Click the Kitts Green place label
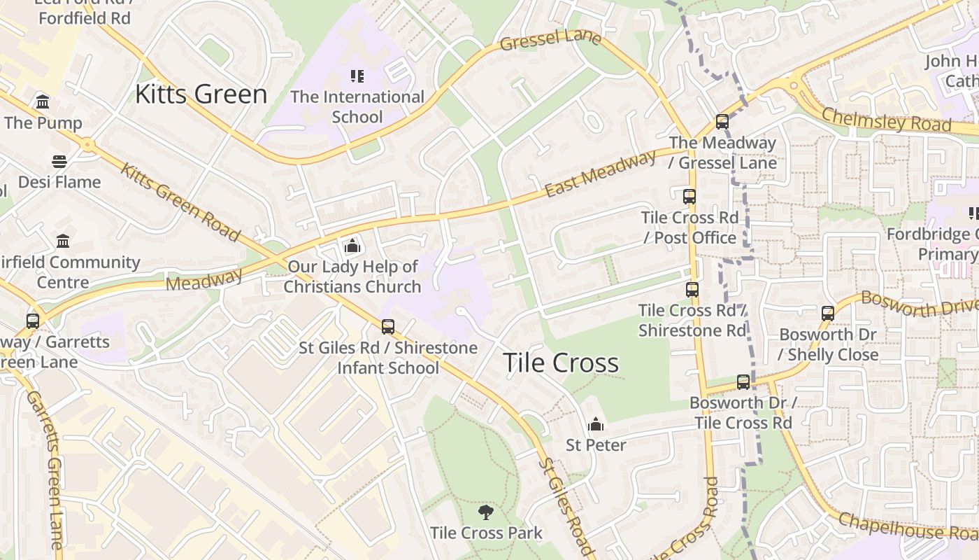coord(201,94)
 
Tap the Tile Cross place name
coord(560,363)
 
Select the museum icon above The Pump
coord(43,102)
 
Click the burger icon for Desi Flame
coord(59,162)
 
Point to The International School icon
coord(357,76)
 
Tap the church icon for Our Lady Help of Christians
coord(352,246)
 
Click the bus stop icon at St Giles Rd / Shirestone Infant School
coord(388,327)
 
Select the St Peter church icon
coord(596,424)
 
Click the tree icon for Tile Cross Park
coord(486,512)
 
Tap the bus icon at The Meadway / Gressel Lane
coord(722,122)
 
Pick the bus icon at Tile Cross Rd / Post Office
coord(689,197)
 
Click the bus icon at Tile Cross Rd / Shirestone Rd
coord(692,289)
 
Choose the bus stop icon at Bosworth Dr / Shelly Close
coord(828,314)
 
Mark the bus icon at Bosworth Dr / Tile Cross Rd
coord(743,382)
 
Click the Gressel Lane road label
coord(550,40)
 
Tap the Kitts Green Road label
coord(180,202)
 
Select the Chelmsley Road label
coord(886,120)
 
